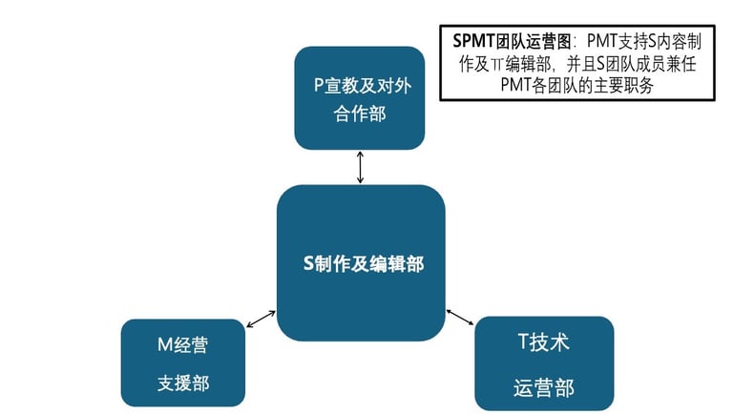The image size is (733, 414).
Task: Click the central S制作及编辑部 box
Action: point(361,262)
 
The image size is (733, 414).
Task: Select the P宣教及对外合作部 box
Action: point(359,98)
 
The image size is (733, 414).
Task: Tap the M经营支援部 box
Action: point(182,362)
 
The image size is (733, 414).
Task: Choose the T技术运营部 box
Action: point(543,363)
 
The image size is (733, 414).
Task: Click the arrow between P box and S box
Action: point(360,167)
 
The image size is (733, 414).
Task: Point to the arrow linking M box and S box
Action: point(261,320)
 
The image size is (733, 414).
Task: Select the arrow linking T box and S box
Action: point(460,316)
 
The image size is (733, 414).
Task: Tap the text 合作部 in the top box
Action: point(359,114)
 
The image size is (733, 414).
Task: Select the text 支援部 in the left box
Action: point(182,383)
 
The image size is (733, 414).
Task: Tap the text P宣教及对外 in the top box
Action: point(359,83)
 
